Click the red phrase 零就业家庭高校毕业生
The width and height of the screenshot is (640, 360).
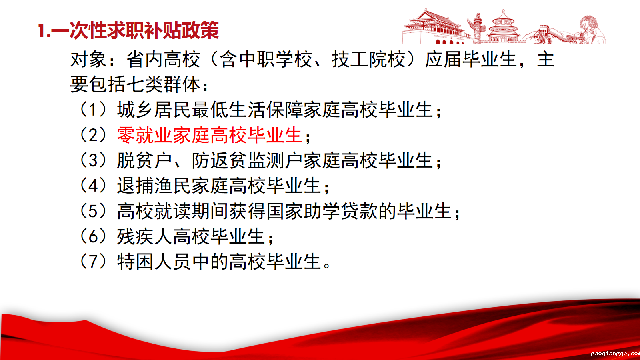[x=210, y=135]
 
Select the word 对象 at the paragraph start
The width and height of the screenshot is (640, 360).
[x=88, y=60]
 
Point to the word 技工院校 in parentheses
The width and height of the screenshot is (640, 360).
[x=369, y=60]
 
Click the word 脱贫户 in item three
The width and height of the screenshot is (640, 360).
[x=144, y=160]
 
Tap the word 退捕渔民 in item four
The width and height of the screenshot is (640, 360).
[x=154, y=186]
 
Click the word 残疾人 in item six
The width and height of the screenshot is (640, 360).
[x=144, y=236]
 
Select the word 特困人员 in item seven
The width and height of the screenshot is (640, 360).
[x=154, y=262]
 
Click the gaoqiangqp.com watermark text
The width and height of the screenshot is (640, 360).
[x=616, y=354]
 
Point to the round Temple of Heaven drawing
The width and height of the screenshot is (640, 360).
[x=503, y=27]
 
